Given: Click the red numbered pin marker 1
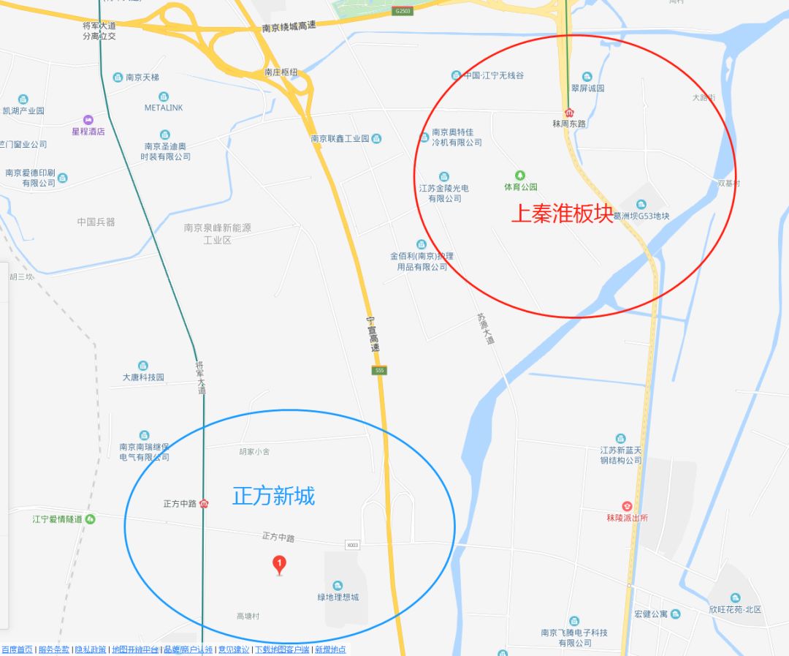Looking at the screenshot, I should (x=279, y=565).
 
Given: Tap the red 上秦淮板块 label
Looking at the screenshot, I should (x=562, y=214).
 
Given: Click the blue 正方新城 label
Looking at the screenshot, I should (x=274, y=496).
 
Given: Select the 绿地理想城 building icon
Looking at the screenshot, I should (x=338, y=585).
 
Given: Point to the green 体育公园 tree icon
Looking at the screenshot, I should (x=520, y=175).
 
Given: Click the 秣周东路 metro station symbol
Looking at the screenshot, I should (x=569, y=112).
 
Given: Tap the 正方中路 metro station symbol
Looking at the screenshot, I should (x=205, y=503).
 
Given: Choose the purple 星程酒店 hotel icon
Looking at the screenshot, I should (x=88, y=120).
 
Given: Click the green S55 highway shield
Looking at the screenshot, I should (x=378, y=371).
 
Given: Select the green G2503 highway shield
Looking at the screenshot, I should (x=403, y=11).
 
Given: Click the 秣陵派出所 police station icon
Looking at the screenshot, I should (x=627, y=506).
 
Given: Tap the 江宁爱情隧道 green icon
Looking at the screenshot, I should (x=90, y=519).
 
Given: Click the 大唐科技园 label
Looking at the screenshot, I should (x=143, y=377).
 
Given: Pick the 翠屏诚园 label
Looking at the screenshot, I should (x=587, y=88).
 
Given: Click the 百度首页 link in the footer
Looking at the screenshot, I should (x=17, y=649).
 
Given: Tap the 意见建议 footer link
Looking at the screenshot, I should (x=233, y=649).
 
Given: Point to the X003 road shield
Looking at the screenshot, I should (x=353, y=545).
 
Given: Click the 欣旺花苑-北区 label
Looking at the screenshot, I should (x=735, y=609).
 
